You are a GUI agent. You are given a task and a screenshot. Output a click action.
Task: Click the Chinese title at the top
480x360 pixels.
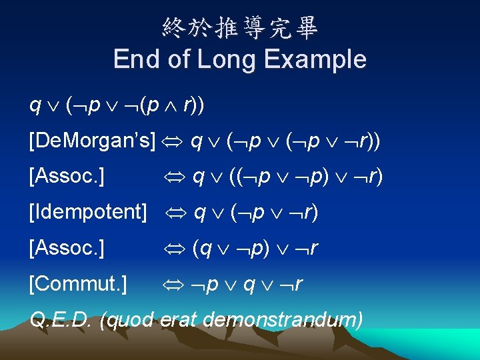click(240, 27)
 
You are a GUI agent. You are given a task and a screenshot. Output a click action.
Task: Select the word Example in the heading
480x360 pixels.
click(315, 59)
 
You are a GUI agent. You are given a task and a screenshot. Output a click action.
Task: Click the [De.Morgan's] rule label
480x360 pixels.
click(92, 141)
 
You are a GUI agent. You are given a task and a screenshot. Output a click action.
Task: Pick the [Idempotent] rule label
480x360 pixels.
click(88, 213)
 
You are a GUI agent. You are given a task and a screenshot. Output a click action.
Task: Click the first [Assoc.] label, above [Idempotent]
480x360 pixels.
click(67, 177)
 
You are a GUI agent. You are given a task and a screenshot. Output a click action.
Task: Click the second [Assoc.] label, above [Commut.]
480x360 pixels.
click(67, 249)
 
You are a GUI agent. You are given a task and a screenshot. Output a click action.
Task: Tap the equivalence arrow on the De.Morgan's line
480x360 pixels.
click(173, 142)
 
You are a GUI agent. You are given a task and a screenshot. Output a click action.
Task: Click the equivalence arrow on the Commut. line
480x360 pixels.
click(176, 285)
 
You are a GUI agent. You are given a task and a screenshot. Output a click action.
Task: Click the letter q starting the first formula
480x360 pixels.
click(34, 106)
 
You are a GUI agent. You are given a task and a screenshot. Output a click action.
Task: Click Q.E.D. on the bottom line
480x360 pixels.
click(61, 321)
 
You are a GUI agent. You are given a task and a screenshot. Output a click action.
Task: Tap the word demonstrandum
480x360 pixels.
click(283, 321)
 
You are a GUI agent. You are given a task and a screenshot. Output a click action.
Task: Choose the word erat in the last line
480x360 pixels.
click(179, 321)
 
